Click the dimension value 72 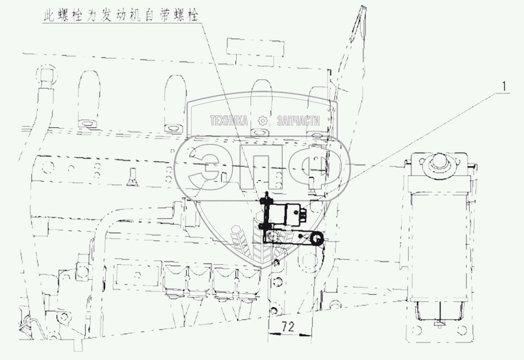click(x=288, y=327)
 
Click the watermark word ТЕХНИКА click(x=229, y=121)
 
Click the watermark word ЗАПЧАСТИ click(x=298, y=121)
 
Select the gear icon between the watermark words click(x=262, y=121)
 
